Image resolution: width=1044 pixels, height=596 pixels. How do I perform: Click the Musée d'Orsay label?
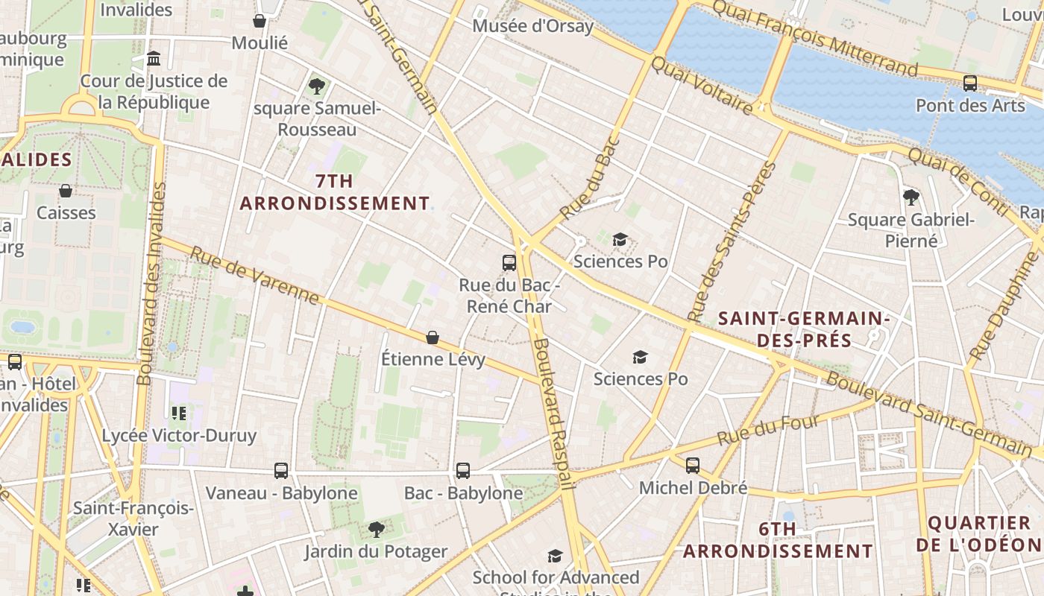tap(533, 26)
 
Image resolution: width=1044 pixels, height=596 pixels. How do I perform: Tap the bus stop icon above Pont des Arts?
tap(970, 83)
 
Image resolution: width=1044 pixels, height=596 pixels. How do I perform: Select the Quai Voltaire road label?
tap(702, 85)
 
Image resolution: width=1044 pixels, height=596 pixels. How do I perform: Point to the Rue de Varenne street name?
tap(254, 276)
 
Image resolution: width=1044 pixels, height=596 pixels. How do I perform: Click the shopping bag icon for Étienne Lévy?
tap(433, 337)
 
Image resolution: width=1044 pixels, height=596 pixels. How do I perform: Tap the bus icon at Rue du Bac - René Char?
tap(509, 262)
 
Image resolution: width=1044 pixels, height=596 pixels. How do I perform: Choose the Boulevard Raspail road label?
tap(553, 413)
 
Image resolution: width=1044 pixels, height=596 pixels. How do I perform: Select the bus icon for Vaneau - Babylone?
tap(281, 470)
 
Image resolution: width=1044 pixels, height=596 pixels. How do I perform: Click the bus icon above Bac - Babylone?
tap(463, 470)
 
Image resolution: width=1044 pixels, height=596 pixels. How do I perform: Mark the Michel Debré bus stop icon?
tap(693, 466)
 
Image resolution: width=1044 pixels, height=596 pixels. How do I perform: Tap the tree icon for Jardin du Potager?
tap(377, 530)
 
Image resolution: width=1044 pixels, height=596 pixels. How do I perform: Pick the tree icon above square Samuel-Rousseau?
tap(317, 86)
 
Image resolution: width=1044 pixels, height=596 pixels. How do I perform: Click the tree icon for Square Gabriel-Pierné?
tap(911, 197)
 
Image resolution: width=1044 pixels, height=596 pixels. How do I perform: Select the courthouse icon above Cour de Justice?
tap(154, 58)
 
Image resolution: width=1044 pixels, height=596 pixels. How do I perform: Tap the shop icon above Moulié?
tap(260, 21)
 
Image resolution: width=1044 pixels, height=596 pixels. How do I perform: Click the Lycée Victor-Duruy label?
tap(179, 435)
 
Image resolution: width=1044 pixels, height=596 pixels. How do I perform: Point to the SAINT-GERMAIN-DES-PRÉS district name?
tap(804, 329)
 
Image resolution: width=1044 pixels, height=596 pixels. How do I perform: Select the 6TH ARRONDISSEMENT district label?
tap(778, 540)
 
